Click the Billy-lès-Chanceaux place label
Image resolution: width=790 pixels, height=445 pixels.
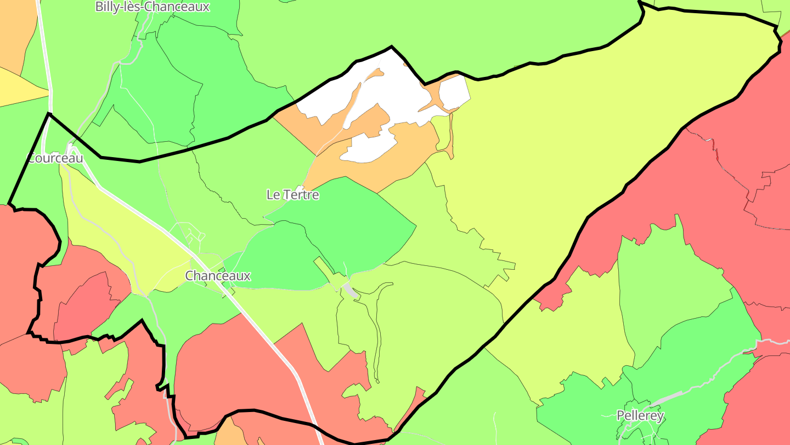point(152,7)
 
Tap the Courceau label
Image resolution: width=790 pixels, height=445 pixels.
point(55,158)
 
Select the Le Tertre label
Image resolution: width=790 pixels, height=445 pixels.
point(292,194)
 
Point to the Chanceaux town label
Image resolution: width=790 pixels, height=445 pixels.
point(218,276)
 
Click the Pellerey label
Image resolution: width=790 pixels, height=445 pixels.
point(640,415)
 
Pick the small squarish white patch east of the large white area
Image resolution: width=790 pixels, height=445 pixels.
point(454,92)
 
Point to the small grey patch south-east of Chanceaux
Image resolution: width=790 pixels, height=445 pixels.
point(349,290)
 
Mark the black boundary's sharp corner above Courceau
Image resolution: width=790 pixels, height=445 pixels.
point(49,114)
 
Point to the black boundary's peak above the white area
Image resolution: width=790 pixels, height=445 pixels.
point(391,47)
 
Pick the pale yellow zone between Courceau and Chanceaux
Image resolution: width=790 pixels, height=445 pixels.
point(121,231)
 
